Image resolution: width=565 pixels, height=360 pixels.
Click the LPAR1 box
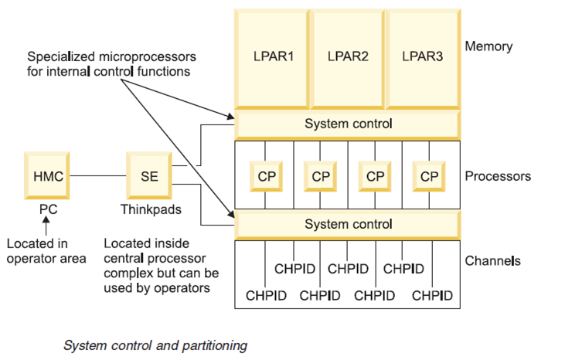[271, 56]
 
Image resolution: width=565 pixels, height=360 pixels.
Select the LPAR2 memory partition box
[347, 56]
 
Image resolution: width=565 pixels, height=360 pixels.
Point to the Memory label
[488, 46]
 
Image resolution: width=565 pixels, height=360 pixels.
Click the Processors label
[498, 176]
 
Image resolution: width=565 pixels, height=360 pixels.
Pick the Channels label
[492, 261]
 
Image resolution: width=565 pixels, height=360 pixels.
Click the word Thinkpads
[148, 209]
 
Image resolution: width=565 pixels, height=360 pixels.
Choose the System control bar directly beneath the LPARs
[348, 124]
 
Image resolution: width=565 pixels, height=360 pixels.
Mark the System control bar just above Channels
[348, 225]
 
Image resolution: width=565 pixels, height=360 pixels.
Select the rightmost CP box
[429, 176]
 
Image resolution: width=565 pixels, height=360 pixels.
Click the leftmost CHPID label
[265, 295]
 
